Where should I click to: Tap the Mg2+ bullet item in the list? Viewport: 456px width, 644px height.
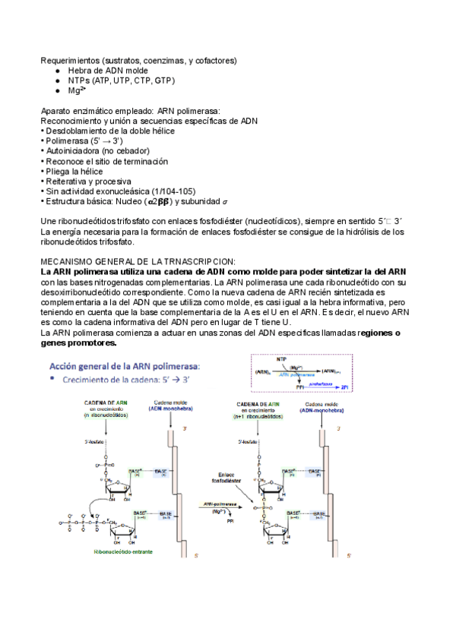(76, 90)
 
